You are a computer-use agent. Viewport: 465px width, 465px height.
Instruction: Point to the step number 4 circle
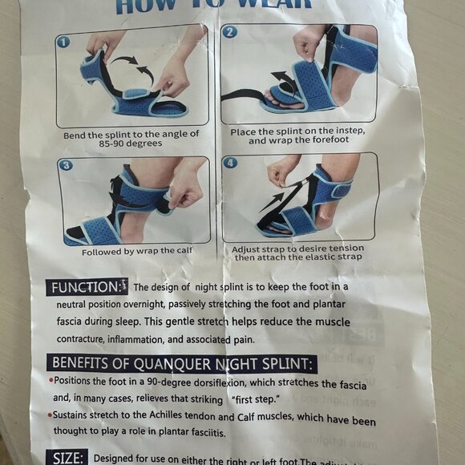click(232, 162)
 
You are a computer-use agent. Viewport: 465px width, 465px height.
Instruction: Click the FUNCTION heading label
click(85, 287)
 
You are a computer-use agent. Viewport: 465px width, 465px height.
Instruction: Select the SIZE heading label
click(67, 458)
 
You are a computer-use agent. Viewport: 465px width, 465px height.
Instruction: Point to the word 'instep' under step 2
click(350, 131)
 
